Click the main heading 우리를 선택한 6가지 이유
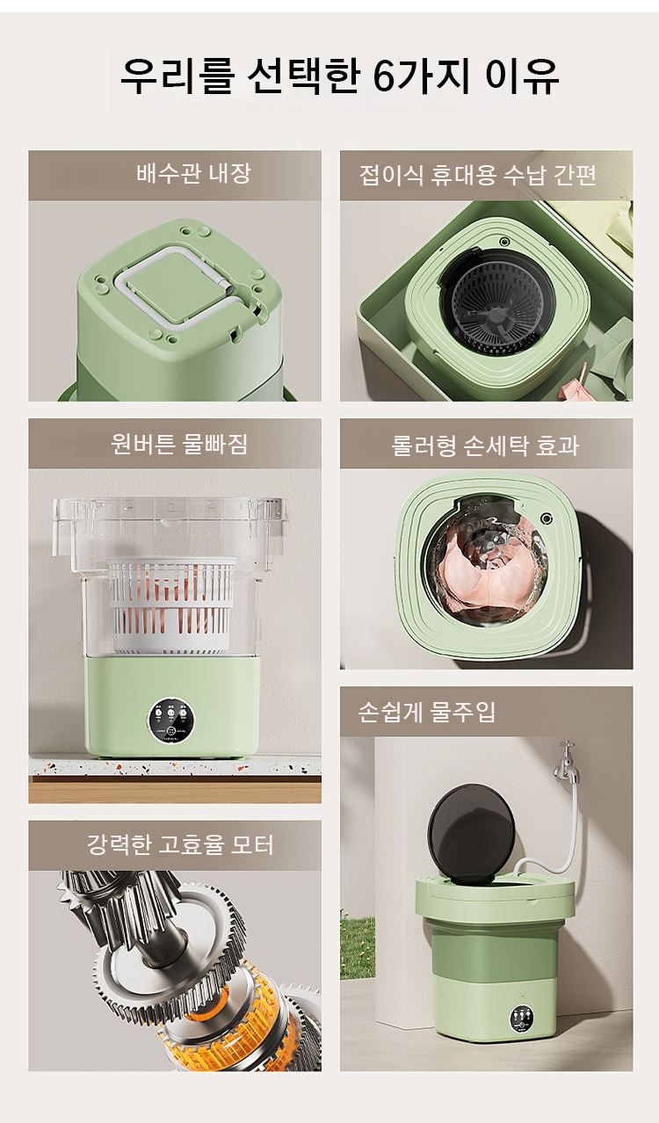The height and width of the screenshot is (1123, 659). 339,76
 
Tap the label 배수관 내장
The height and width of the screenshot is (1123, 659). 193,173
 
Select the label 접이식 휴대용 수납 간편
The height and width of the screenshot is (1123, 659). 478,175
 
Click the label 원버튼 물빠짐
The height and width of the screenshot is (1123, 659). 179,444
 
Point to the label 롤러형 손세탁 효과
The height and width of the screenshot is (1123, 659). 485,446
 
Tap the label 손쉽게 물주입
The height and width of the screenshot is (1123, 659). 427,712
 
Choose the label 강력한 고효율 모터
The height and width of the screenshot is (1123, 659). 180,844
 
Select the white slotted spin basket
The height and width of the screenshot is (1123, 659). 173,605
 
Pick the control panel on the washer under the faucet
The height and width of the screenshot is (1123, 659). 522,1018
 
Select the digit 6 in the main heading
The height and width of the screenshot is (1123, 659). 384,77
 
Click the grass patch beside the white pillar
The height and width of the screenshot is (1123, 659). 358,947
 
